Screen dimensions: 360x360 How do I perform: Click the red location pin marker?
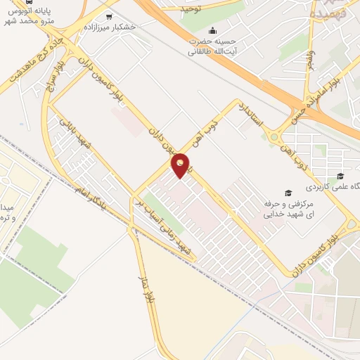(x=181, y=165)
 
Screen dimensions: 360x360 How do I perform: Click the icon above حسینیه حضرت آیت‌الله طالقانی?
(x=213, y=31)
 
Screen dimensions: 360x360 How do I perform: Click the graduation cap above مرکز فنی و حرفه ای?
(x=287, y=193)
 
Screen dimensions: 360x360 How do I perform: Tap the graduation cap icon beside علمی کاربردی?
(x=340, y=176)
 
